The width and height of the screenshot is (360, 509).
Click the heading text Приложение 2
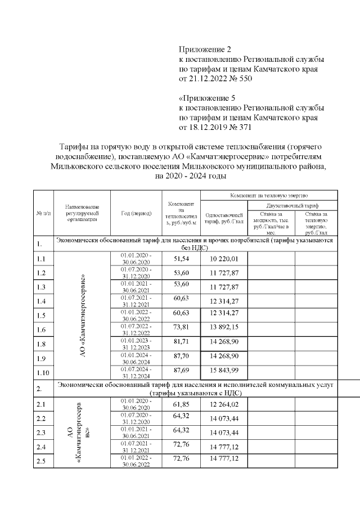pos(205,50)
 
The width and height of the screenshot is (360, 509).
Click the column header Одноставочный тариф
pos(224,218)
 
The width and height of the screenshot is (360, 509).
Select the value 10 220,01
pos(224,258)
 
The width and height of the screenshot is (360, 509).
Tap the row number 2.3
pos(41,432)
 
